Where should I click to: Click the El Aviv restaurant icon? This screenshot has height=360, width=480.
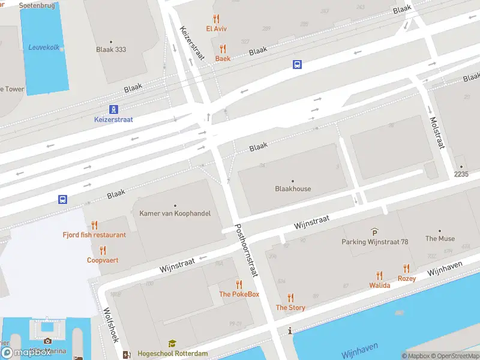[216, 19]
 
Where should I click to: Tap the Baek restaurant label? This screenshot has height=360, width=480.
[223, 59]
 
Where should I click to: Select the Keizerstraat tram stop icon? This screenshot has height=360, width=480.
[113, 109]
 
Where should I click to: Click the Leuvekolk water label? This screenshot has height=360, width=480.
[44, 47]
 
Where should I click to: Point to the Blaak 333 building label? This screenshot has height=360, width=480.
[111, 50]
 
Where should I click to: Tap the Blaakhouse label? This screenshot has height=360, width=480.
[293, 188]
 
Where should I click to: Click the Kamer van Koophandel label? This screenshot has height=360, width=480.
[175, 214]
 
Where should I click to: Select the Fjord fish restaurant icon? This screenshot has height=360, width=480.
[94, 225]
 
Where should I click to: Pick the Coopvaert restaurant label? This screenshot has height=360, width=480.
[103, 260]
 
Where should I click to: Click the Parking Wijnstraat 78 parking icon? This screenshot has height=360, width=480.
[375, 232]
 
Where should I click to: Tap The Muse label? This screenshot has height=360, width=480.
[440, 238]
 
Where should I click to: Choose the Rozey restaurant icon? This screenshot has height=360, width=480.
[407, 269]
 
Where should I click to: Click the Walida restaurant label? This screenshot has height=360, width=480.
[380, 286]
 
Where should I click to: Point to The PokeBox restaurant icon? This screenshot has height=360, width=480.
[239, 284]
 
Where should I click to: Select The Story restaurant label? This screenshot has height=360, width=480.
[290, 308]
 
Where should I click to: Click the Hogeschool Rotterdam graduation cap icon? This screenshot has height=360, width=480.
[172, 344]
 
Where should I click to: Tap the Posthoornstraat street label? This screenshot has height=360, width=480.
[246, 250]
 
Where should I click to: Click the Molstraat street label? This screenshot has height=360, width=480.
[436, 133]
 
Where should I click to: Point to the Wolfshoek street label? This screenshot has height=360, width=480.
[110, 326]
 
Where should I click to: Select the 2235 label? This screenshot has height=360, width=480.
[461, 174]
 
